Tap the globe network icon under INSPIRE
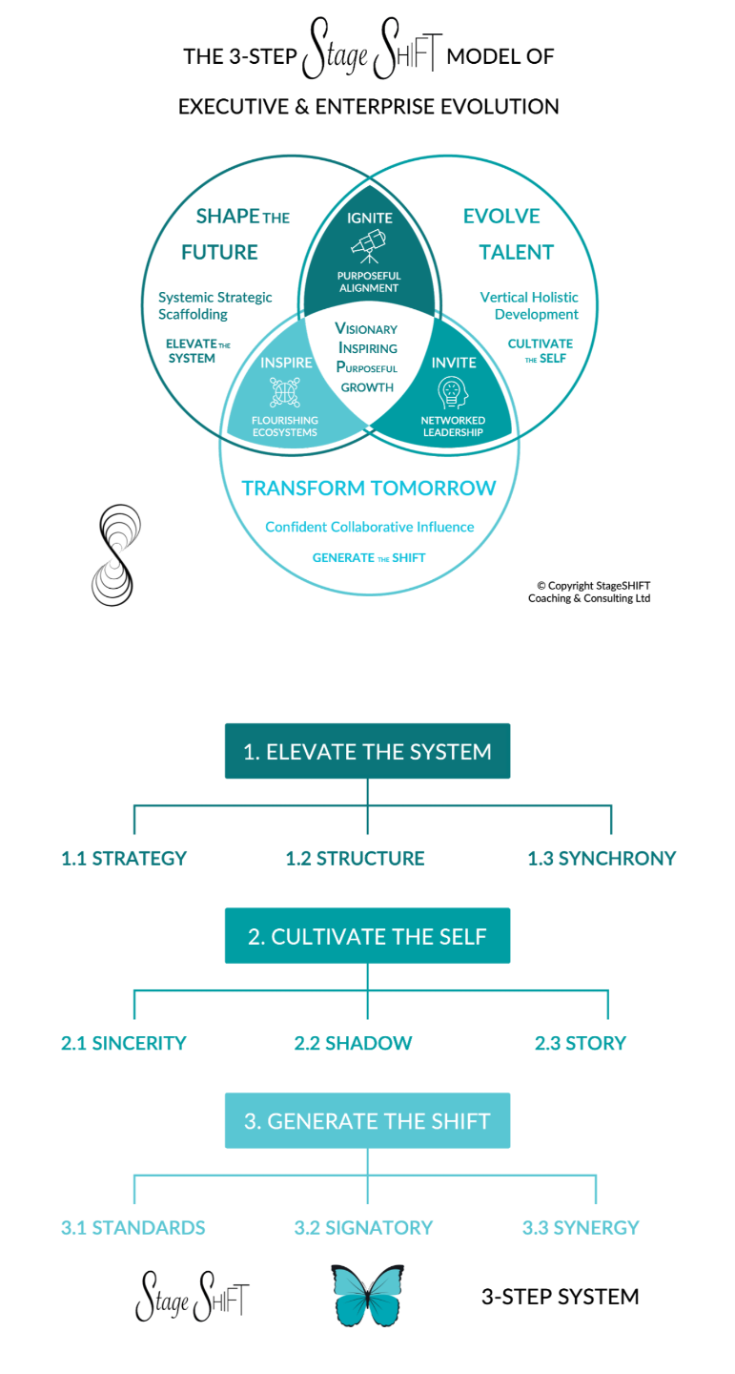[284, 393]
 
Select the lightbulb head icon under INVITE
[452, 393]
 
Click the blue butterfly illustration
[367, 1295]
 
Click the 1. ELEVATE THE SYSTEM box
[367, 751]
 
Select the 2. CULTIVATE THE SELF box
[367, 936]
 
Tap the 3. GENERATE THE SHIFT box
[367, 1120]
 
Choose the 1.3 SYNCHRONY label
[602, 859]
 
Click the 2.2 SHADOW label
[353, 1043]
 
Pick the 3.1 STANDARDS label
[133, 1227]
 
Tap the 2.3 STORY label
[581, 1043]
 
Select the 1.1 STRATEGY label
[124, 859]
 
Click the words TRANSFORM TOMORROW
[369, 489]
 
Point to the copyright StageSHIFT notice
[589, 592]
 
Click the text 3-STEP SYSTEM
[560, 1297]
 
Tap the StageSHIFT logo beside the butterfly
[193, 1296]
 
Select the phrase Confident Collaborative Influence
[369, 527]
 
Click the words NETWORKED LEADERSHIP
[453, 427]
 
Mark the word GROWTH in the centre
[367, 387]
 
